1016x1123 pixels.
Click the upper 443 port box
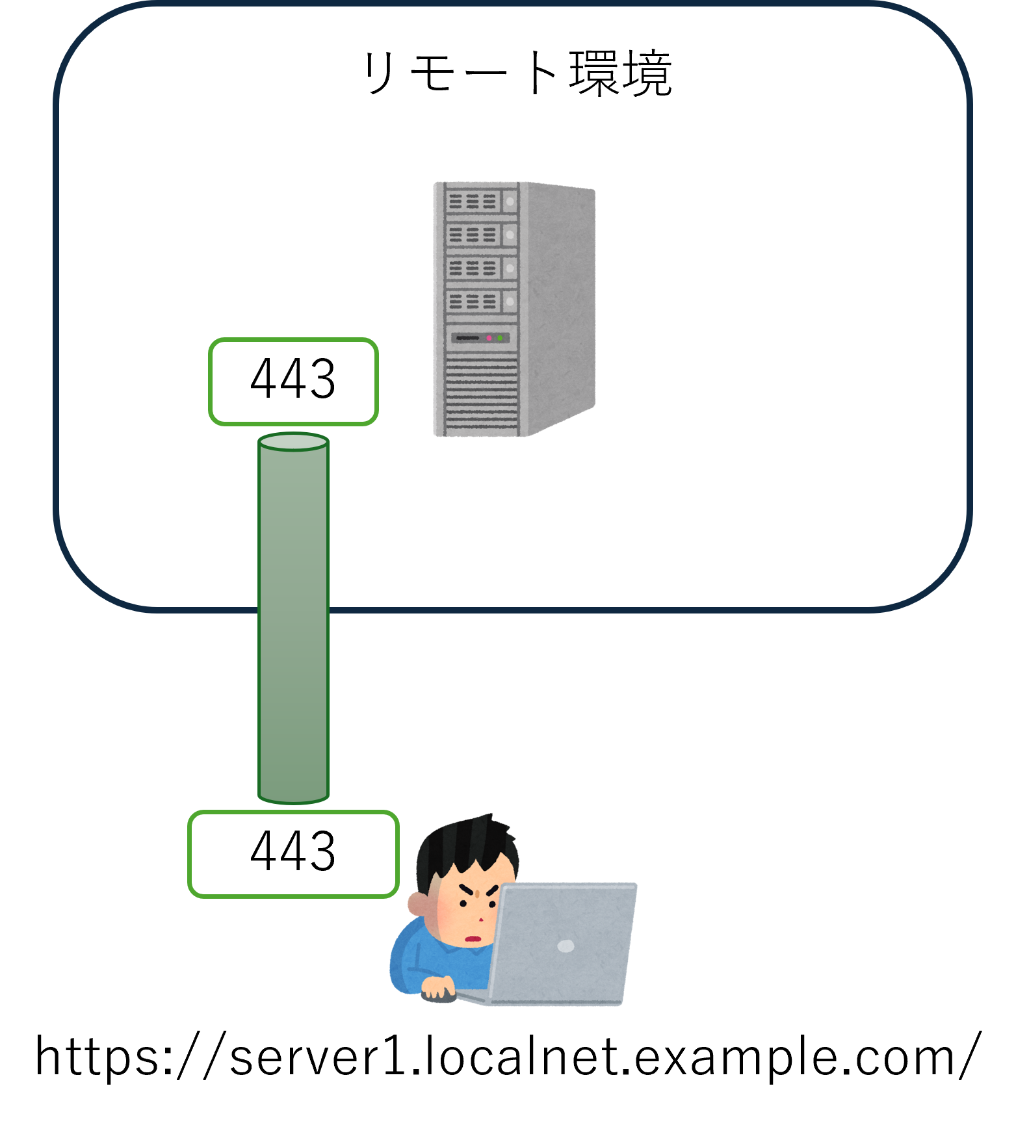coord(293,381)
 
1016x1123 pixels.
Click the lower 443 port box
coord(293,854)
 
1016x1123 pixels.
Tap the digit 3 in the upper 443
coord(324,379)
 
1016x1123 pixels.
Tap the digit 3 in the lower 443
coord(324,851)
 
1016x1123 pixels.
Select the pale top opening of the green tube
coord(293,443)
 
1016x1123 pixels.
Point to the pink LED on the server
coord(489,338)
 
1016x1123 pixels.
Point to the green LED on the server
coord(500,338)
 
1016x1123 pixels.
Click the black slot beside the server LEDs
coord(467,338)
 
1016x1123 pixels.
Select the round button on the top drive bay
coord(510,201)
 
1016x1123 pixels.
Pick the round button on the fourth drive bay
coord(510,301)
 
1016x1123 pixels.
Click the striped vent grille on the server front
coord(481,393)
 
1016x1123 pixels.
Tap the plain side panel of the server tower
coord(559,305)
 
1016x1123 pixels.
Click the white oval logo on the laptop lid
coord(566,946)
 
